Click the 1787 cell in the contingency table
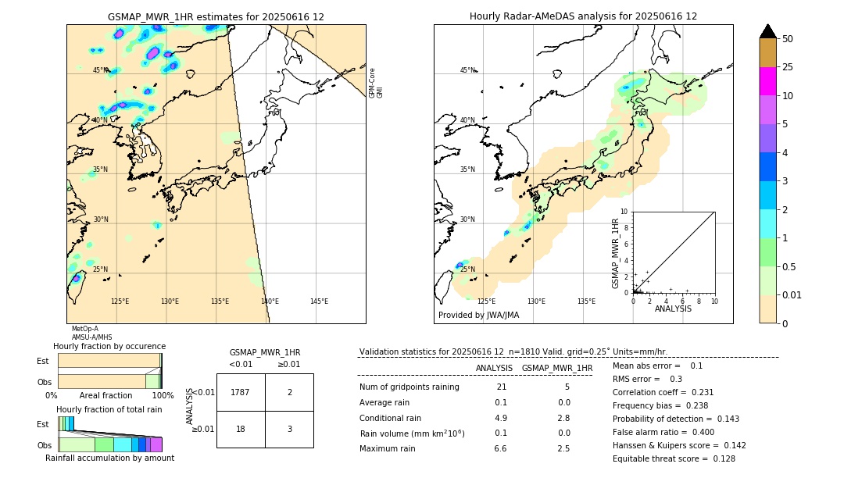(x=241, y=392)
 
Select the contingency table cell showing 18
(x=241, y=429)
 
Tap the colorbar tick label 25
(x=788, y=67)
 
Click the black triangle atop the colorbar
(x=768, y=31)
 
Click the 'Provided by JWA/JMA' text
(x=478, y=315)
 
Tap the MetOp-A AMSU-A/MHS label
(x=86, y=334)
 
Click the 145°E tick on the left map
(x=319, y=301)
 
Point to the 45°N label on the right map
(x=467, y=70)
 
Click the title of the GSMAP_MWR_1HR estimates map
(x=216, y=16)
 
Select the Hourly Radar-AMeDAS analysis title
(x=583, y=16)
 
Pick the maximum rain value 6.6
(x=501, y=448)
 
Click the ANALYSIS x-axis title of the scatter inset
(x=673, y=309)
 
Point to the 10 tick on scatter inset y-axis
(x=624, y=211)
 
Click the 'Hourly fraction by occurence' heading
(x=109, y=346)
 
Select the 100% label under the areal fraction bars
(x=163, y=395)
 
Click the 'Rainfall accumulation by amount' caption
(x=109, y=458)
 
